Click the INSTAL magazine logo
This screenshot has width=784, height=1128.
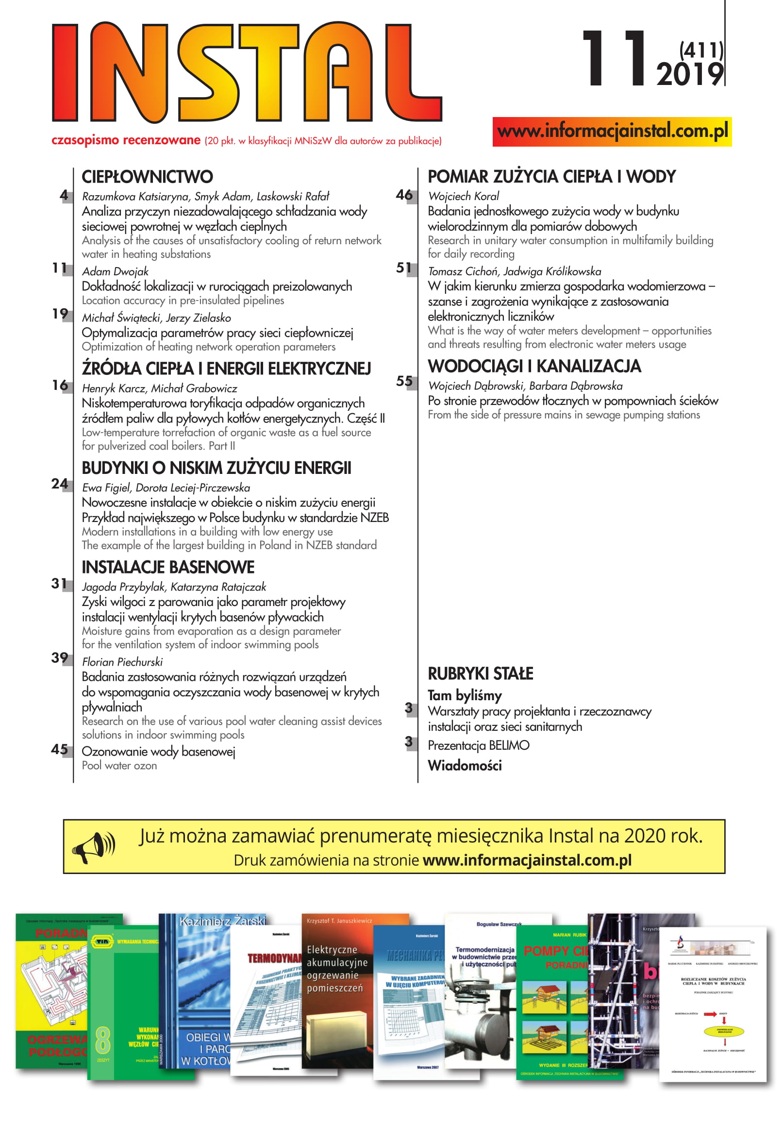[x=247, y=73]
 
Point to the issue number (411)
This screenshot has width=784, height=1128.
[x=701, y=50]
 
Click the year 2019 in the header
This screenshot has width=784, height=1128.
[x=690, y=75]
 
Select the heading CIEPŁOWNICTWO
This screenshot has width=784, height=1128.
[x=147, y=177]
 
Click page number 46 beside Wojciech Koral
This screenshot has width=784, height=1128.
[x=404, y=195]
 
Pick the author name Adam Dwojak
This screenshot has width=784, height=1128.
[x=115, y=272]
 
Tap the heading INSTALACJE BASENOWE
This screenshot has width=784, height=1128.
[x=168, y=568]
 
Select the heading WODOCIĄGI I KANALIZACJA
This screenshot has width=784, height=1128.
[x=534, y=367]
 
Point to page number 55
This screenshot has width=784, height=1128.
[x=404, y=381]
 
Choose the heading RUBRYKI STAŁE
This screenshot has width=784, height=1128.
[x=481, y=673]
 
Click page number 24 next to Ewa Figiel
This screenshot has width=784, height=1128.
[x=59, y=485]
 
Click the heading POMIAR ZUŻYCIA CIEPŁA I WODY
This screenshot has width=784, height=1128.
[x=551, y=177]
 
